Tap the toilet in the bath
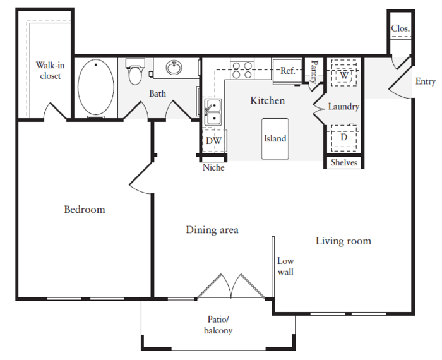pyautogui.click(x=135, y=72)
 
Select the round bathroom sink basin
pyautogui.click(x=174, y=68)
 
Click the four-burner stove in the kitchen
pyautogui.click(x=242, y=70)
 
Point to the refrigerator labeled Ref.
pyautogui.click(x=287, y=71)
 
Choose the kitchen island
pyautogui.click(x=275, y=139)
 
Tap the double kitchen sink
pyautogui.click(x=213, y=112)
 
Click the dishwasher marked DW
pyautogui.click(x=214, y=141)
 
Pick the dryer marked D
pyautogui.click(x=344, y=138)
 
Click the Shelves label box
pyautogui.click(x=344, y=162)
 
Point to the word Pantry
pyautogui.click(x=314, y=71)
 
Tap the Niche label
pyautogui.click(x=213, y=167)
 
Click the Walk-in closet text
pyautogui.click(x=50, y=71)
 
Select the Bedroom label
pyautogui.click(x=85, y=210)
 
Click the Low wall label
pyautogui.click(x=285, y=267)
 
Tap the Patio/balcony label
pyautogui.click(x=218, y=325)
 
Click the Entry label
pyautogui.click(x=426, y=81)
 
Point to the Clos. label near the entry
pyautogui.click(x=400, y=28)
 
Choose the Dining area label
pyautogui.click(x=212, y=230)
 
